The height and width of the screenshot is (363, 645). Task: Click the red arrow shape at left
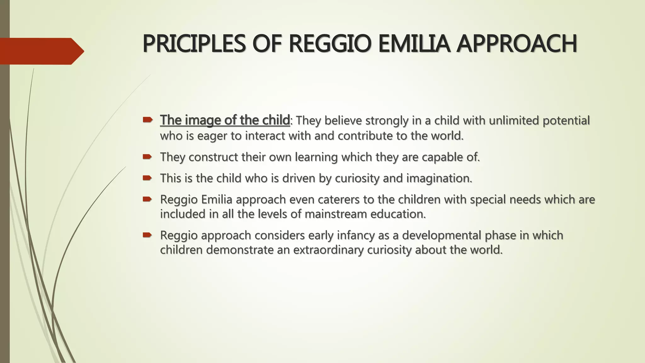(41, 51)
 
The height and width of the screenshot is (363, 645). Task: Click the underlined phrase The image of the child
(225, 120)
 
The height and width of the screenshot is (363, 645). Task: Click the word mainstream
(336, 214)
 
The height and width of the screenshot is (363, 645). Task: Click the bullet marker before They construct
(147, 156)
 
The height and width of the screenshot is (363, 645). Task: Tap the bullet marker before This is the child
(147, 178)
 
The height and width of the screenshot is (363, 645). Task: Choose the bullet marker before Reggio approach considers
(147, 235)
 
